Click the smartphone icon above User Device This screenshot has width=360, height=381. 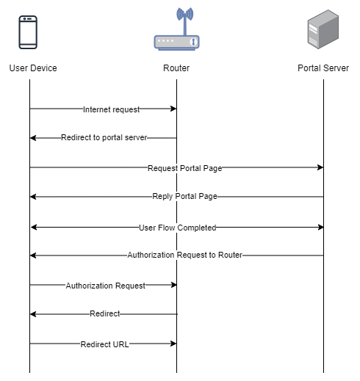point(28,32)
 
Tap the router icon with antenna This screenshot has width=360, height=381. point(176,29)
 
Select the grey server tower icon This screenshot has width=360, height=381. point(323,29)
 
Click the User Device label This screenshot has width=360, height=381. point(33,68)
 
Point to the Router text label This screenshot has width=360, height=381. point(176,68)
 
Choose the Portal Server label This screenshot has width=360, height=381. point(323,68)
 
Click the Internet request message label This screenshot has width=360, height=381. point(112,109)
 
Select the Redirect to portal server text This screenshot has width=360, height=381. point(104,137)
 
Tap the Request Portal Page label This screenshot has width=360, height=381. point(185,168)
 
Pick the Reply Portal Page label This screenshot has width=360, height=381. point(185,196)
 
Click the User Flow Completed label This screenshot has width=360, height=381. point(178,228)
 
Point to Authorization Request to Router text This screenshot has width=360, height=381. point(185,255)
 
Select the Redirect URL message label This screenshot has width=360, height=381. point(104,344)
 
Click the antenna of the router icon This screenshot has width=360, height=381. point(185,22)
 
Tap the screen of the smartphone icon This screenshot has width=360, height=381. point(28,32)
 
